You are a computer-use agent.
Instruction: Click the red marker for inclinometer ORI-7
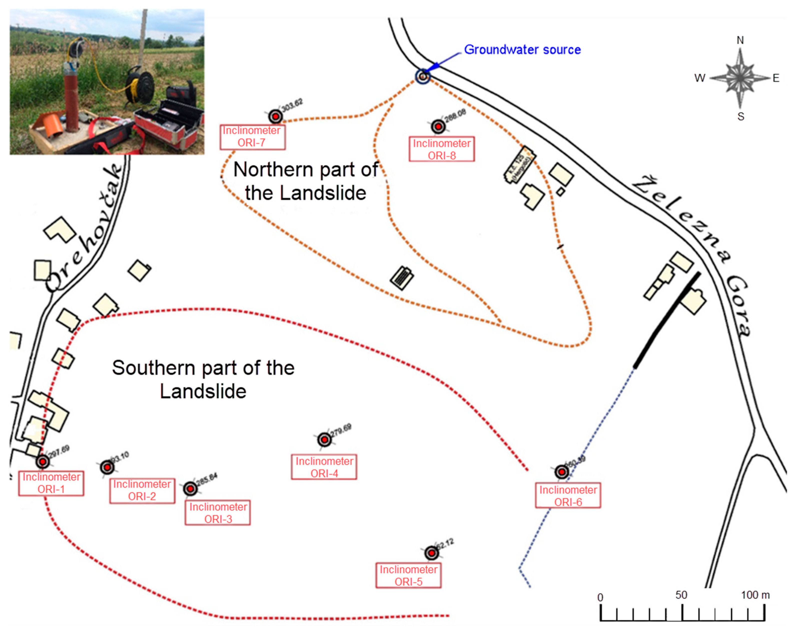275,117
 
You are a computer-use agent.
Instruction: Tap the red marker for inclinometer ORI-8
438,127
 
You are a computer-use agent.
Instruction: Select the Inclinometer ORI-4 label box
324,467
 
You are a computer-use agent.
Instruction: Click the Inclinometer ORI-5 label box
408,575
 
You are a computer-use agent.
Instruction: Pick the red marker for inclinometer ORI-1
42,461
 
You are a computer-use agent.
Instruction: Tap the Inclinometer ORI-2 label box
142,490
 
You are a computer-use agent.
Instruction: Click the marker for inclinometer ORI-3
190,489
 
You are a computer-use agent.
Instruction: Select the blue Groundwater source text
522,50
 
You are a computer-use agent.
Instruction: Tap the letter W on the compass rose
700,78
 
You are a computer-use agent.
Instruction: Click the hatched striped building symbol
402,278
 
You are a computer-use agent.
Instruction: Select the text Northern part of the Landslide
306,181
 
